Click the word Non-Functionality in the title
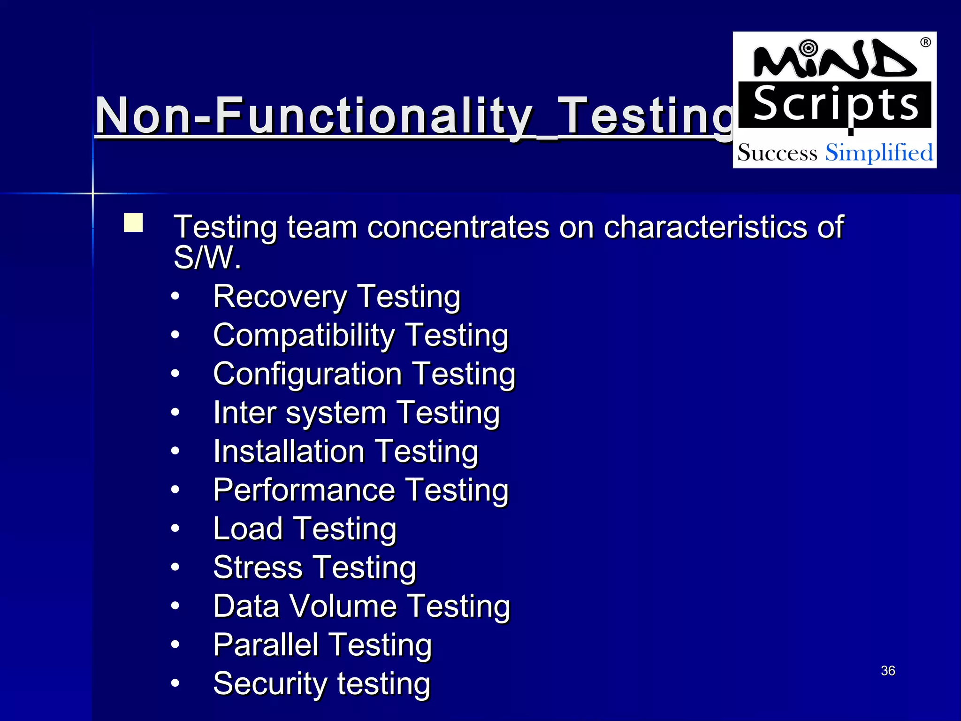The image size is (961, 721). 313,115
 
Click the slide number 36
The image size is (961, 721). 888,670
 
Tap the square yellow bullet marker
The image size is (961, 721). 133,223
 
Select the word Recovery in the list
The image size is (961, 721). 280,297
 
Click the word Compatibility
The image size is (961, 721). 304,336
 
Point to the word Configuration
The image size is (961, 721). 307,375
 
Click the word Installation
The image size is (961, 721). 289,452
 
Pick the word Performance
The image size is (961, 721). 304,491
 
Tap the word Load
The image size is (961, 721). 247,529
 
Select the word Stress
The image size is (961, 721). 258,568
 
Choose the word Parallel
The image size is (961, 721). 266,645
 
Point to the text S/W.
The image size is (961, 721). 207,258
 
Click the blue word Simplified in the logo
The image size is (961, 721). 879,153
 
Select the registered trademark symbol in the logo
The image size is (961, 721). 925,42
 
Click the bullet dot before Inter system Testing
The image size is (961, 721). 175,413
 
